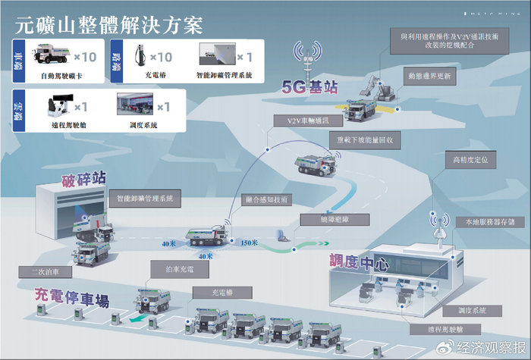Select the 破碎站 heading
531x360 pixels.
pyautogui.click(x=83, y=179)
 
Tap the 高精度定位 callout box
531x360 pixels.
pyautogui.click(x=474, y=161)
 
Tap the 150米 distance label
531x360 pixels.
pyautogui.click(x=249, y=243)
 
